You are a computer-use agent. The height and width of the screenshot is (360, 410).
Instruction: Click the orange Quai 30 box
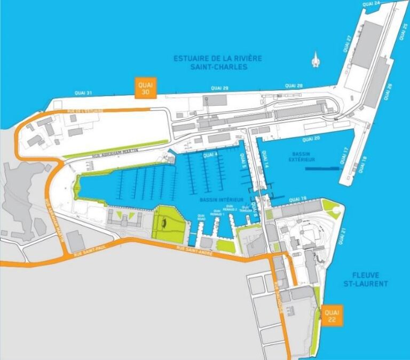click(x=145, y=89)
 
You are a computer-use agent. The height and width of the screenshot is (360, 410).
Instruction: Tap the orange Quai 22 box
click(x=332, y=314)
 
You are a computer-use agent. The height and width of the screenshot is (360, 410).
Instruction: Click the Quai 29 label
click(x=219, y=88)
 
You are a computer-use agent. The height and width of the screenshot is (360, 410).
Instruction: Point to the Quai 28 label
click(x=294, y=86)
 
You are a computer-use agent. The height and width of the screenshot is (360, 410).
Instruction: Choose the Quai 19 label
click(x=297, y=199)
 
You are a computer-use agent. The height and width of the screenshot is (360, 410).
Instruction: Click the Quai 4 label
click(x=210, y=155)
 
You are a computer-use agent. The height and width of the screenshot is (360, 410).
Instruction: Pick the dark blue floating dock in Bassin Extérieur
click(x=323, y=169)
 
